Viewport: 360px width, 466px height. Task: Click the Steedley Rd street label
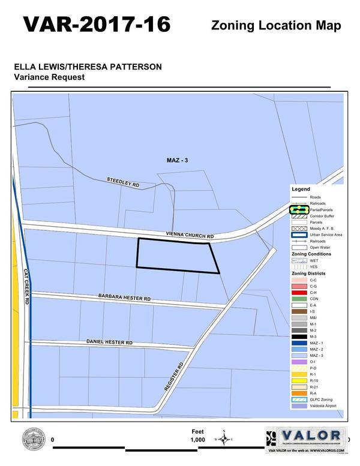123,182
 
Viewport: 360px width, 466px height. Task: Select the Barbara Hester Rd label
124,297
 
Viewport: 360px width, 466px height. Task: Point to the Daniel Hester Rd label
109,342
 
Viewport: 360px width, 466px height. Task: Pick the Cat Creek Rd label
27,287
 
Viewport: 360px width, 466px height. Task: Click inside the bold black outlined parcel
177,255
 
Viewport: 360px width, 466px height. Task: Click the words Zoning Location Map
276,25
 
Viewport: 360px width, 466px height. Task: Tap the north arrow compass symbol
223,439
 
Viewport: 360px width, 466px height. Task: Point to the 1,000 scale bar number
198,440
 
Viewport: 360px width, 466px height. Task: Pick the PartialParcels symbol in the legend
299,210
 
